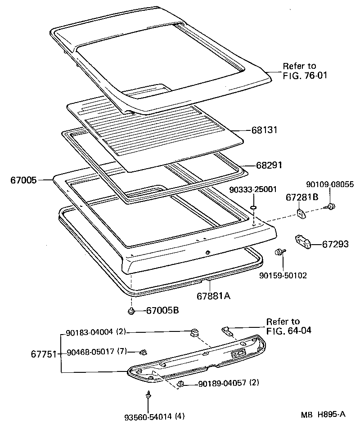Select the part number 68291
point(269,165)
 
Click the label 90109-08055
point(330,184)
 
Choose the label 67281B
point(302,197)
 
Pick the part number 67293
point(335,244)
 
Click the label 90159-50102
point(283,275)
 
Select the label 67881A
point(213,296)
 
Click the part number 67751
point(43,354)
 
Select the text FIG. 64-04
point(288,331)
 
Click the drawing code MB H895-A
point(323,414)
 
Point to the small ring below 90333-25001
point(254,207)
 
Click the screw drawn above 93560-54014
point(148,396)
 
